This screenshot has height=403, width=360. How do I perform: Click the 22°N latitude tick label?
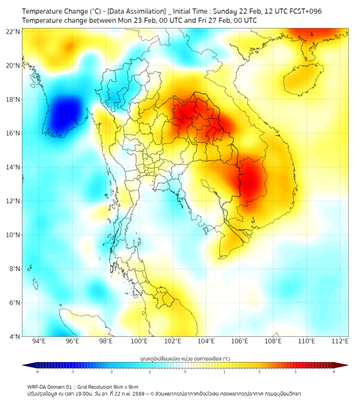13,31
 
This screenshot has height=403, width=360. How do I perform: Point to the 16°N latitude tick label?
13,133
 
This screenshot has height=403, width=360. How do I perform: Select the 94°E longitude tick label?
39,341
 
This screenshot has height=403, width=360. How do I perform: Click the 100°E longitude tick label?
140,341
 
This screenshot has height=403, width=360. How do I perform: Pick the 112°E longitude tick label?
340,341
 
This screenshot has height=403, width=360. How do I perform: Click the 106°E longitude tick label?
240,341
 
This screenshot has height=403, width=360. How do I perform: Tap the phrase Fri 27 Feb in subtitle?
206,20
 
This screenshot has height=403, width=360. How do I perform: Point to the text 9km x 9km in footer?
124,386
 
